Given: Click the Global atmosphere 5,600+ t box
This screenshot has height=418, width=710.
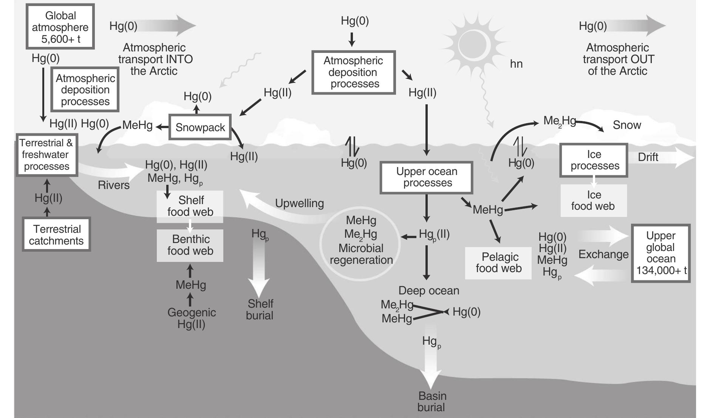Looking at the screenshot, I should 60,27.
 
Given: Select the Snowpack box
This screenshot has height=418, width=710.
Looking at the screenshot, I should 200,127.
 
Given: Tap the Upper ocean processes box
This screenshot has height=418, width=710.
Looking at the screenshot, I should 427,177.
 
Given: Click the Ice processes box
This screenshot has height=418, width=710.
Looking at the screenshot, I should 594,160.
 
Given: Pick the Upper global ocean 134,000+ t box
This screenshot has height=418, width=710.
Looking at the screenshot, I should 661,253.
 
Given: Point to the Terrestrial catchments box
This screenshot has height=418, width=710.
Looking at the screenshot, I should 56,235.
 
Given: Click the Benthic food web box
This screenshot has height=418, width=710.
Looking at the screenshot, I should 190,245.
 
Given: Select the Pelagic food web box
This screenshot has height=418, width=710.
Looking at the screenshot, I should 498,263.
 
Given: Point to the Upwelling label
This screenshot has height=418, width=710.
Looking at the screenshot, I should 299,203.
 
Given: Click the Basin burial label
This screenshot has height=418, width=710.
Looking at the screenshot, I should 432,401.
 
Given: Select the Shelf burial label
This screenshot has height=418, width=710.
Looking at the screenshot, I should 260,310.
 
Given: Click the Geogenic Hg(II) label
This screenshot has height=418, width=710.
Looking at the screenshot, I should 192,318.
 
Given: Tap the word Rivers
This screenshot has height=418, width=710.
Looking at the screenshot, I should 113,185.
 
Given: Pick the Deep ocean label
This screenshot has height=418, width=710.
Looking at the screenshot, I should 429,291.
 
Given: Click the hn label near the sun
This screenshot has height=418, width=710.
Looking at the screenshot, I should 516,64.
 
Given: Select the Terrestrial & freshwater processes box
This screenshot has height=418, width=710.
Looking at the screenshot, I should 46,155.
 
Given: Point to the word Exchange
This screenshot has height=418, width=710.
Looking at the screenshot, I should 603,254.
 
